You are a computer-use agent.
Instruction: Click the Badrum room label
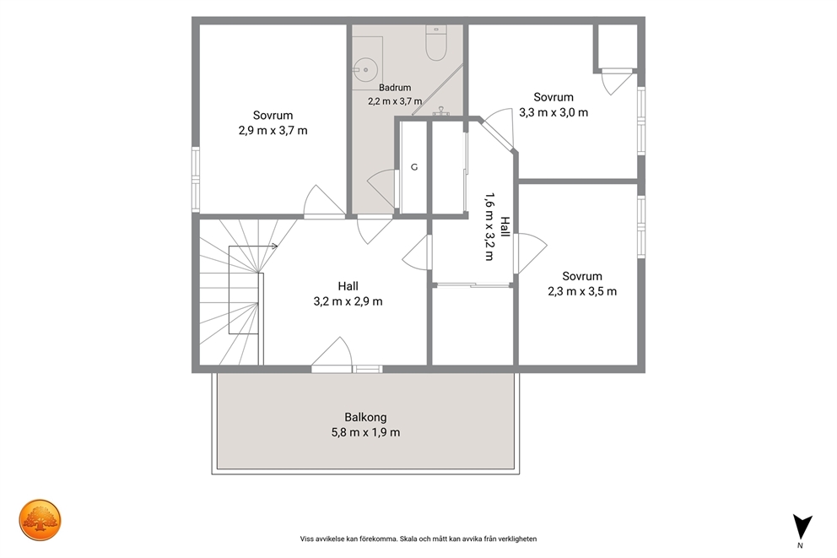(x=395, y=88)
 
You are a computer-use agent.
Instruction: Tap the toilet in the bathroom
(x=436, y=43)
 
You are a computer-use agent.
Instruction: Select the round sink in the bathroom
(x=366, y=69)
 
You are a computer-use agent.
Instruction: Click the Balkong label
(x=365, y=417)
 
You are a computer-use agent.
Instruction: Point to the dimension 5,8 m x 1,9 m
(x=365, y=432)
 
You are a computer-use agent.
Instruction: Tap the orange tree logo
(x=40, y=520)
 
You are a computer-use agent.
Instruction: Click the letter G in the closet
(x=414, y=167)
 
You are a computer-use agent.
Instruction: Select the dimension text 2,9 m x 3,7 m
(x=273, y=130)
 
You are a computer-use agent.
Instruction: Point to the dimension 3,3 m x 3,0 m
(x=553, y=112)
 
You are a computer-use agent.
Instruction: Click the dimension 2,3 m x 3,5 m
(x=582, y=291)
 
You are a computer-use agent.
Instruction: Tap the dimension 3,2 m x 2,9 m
(x=348, y=301)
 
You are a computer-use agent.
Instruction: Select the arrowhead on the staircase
(x=274, y=246)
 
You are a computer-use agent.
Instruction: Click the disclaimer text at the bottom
(x=418, y=539)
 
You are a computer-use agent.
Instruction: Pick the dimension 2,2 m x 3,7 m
(x=395, y=101)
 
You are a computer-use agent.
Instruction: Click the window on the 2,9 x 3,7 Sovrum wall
(x=196, y=180)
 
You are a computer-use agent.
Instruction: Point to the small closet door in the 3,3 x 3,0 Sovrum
(x=615, y=81)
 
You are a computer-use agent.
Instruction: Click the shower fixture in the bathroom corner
(x=441, y=111)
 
